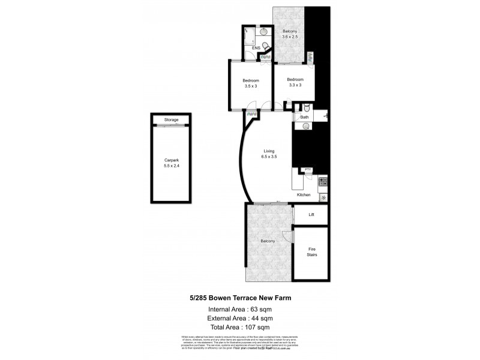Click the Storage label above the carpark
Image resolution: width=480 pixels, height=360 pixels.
[x=172, y=120]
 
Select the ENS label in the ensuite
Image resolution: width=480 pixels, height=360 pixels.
[x=256, y=48]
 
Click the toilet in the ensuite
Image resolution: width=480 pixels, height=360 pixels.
[x=266, y=45]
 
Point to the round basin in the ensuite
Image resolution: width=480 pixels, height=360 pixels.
[x=263, y=31]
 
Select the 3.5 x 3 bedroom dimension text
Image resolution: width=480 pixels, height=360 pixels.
[x=251, y=86]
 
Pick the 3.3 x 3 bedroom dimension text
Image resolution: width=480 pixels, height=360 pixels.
[x=295, y=85]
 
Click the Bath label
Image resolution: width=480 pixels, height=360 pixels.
[x=305, y=117]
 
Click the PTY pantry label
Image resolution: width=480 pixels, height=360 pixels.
[x=308, y=170]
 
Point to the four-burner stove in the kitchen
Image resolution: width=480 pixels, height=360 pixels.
[x=323, y=181]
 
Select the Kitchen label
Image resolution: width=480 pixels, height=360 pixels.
[x=304, y=195]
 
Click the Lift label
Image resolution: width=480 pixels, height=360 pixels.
[x=311, y=214]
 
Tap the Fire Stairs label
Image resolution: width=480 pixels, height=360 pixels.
[x=312, y=251]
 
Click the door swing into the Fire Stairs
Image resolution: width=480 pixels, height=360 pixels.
[x=287, y=236]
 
